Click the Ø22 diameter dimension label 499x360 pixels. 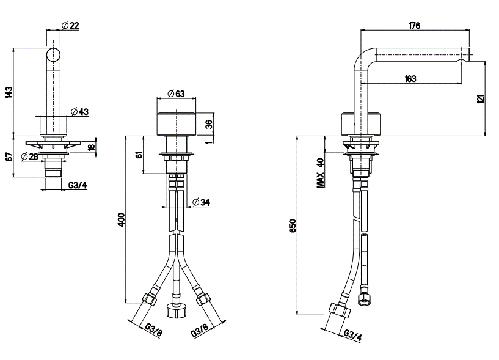[70, 25]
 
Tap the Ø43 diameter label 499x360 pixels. [79, 111]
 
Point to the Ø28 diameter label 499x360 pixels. [29, 156]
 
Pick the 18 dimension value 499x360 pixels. [92, 147]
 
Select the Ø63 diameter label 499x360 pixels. [176, 94]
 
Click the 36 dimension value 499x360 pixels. [209, 124]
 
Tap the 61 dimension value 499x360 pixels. [139, 155]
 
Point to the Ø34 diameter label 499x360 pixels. [202, 202]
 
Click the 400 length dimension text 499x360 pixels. [122, 219]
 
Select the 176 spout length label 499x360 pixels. [414, 25]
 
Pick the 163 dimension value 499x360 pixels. [410, 78]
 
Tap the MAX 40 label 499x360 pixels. [321, 173]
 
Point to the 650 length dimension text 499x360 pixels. [293, 226]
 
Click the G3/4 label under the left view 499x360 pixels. [78, 185]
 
